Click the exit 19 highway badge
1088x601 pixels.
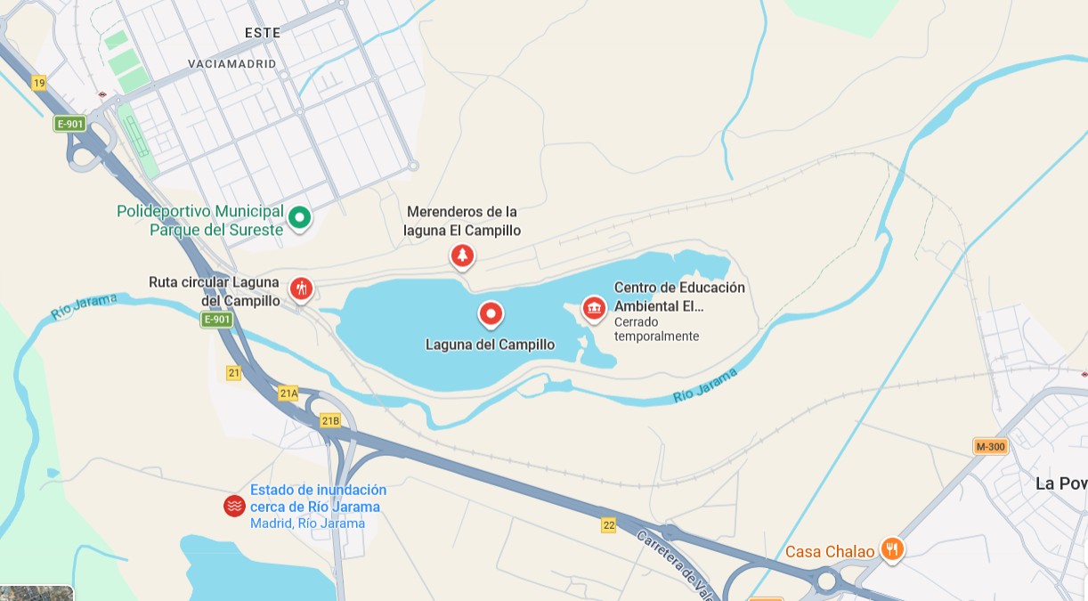pos(38,83)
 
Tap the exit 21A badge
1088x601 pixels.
pos(288,393)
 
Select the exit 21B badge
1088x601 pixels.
pos(330,420)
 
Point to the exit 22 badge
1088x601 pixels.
pos(608,525)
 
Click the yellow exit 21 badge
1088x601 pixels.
pos(233,373)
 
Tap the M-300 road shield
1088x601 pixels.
pos(990,447)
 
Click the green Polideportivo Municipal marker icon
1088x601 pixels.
pos(301,216)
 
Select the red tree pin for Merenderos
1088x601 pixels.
pos(461,256)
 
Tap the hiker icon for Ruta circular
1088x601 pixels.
pos(301,288)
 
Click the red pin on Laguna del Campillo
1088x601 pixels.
pos(491,313)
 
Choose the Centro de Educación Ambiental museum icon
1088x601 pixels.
pos(594,308)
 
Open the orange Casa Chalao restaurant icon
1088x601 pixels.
pos(892,549)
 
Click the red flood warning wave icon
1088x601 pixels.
pos(234,506)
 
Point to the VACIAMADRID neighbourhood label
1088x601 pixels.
pos(232,64)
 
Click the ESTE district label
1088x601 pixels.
pos(263,33)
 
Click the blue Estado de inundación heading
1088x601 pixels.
pos(318,498)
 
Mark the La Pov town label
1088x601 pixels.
pos(1060,483)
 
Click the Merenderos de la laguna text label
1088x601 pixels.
pos(462,221)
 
